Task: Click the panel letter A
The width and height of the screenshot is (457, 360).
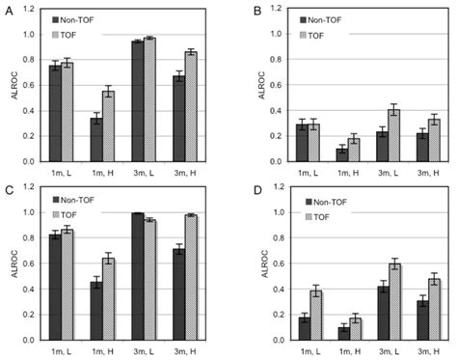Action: click(x=7, y=8)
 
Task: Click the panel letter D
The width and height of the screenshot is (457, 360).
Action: click(x=238, y=187)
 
